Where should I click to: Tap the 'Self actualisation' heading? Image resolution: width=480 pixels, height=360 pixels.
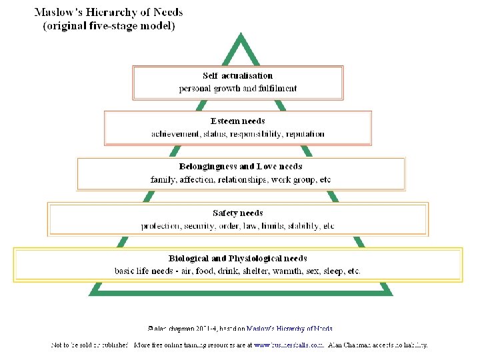point(238,76)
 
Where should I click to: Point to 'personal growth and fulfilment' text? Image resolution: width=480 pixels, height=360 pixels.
point(238,88)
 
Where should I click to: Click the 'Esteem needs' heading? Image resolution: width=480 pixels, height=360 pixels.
point(238,121)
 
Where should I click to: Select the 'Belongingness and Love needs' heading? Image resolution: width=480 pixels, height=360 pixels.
point(241,167)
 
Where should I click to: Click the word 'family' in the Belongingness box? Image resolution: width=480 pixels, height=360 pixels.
point(163,179)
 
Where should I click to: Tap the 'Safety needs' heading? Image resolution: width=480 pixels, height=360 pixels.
point(238,213)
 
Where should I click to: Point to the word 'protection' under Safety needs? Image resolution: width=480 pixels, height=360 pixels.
point(161,226)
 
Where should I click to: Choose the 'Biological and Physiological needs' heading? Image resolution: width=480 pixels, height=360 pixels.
point(238,259)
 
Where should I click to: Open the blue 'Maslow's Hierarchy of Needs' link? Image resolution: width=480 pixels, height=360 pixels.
point(290,328)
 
